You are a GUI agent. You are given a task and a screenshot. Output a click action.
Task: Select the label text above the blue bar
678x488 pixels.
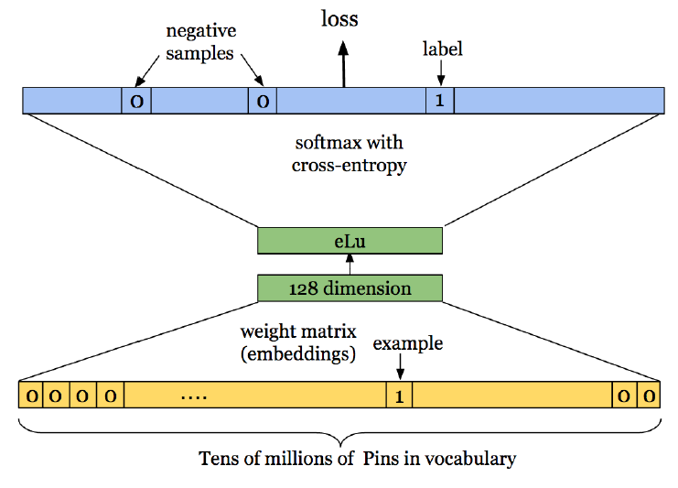[441, 49]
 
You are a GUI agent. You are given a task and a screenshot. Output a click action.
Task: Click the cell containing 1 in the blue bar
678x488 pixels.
[439, 100]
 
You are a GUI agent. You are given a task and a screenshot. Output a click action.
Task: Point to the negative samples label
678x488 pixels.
[200, 41]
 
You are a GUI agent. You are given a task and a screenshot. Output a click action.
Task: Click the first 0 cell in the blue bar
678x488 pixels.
[136, 100]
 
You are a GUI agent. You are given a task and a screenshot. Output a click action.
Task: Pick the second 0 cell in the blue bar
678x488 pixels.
[262, 100]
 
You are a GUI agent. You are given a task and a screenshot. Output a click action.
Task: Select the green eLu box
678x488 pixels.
[350, 241]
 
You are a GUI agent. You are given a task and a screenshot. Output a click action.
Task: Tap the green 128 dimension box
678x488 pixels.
[350, 288]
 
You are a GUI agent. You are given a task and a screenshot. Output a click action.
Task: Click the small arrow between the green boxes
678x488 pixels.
[350, 265]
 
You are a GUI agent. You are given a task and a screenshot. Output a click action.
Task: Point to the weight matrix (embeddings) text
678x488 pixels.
[298, 342]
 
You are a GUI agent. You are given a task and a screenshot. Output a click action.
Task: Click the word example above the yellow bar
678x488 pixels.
[407, 343]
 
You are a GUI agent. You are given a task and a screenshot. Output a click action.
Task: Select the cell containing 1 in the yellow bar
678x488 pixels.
[399, 396]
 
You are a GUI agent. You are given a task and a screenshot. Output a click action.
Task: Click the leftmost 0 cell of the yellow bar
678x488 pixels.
[31, 396]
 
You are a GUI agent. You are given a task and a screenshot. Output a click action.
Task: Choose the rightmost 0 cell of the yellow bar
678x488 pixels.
[648, 396]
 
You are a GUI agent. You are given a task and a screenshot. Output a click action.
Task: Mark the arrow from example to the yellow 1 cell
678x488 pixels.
[400, 368]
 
